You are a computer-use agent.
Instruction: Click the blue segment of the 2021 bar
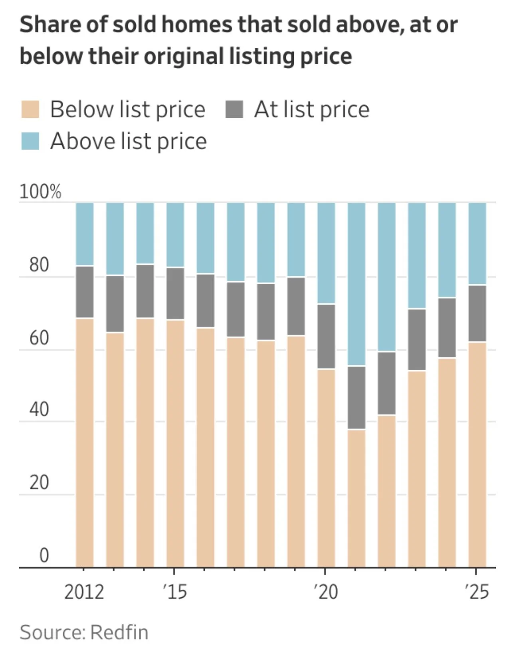click(357, 284)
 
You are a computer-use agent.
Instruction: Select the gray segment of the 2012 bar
click(85, 292)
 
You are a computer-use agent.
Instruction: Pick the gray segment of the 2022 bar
click(387, 383)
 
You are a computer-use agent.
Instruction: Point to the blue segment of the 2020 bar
click(326, 253)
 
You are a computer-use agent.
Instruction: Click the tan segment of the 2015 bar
click(175, 443)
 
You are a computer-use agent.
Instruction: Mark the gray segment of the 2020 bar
click(326, 336)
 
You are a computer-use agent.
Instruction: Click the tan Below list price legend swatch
click(30, 109)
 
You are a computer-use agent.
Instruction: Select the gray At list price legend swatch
click(234, 109)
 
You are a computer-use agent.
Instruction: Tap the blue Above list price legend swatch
click(30, 141)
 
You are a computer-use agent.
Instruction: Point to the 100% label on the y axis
click(40, 192)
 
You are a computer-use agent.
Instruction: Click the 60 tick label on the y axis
click(39, 338)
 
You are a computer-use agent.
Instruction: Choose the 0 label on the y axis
click(44, 555)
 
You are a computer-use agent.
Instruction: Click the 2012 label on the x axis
click(84, 592)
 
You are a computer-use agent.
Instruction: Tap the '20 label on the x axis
click(326, 592)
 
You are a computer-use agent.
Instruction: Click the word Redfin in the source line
click(119, 632)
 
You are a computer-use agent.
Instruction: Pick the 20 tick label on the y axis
click(39, 482)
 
